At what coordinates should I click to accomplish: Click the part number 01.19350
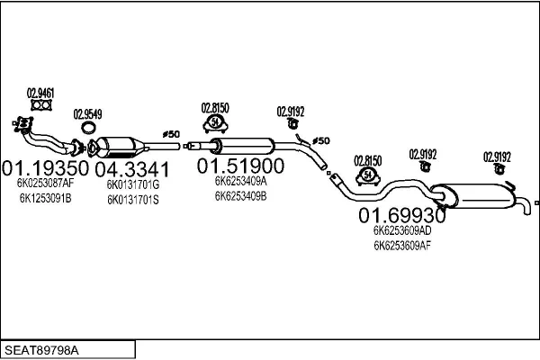[46, 167]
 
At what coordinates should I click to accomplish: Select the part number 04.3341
[131, 168]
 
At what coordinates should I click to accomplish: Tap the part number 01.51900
[241, 166]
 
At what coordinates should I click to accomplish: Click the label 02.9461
[40, 92]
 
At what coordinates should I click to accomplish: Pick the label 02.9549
[87, 113]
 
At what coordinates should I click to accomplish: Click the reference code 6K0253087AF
[45, 184]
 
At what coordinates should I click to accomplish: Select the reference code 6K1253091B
[45, 197]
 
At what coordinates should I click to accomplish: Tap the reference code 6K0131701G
[132, 184]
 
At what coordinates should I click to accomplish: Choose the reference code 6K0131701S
[132, 198]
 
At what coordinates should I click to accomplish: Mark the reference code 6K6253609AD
[402, 230]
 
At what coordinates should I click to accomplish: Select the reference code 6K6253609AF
[402, 244]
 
